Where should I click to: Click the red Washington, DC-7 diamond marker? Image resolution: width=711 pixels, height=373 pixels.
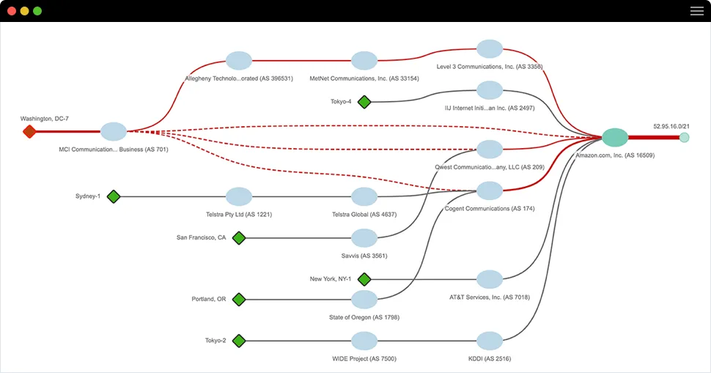pos(29,132)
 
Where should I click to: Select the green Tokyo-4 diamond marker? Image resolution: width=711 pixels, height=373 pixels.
pos(364,102)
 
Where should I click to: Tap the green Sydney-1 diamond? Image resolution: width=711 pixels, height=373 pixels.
pos(113,196)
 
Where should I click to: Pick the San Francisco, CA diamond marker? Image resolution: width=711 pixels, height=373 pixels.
pos(238,237)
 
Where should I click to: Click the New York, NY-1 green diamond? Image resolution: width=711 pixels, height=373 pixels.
pos(364,279)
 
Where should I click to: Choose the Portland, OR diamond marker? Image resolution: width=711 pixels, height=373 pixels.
pos(238,299)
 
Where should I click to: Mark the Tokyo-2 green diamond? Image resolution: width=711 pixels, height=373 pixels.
pos(238,341)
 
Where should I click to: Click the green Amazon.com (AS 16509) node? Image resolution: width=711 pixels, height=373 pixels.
pos(615,137)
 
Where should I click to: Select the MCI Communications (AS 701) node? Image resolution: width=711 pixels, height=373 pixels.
pos(114,132)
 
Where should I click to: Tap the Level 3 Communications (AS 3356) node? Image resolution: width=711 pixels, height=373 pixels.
pos(490,49)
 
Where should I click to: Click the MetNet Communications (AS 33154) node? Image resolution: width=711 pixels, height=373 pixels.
pos(364,61)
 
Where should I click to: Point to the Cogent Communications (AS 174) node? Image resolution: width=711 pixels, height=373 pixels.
pos(490,191)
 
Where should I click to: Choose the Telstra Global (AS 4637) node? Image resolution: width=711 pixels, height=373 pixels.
pos(364,196)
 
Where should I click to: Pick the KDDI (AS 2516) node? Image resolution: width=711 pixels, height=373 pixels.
pos(490,341)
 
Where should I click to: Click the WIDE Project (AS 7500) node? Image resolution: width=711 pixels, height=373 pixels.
pos(364,341)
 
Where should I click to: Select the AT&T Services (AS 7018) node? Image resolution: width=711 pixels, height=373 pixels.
pos(490,279)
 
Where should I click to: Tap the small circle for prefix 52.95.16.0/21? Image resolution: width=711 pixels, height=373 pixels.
pos(684,137)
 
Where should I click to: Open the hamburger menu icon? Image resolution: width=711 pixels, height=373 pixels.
pos(696,11)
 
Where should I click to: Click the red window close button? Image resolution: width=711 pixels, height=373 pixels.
pos(12,11)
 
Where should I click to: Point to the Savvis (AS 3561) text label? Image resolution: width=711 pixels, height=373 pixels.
pos(364,256)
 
